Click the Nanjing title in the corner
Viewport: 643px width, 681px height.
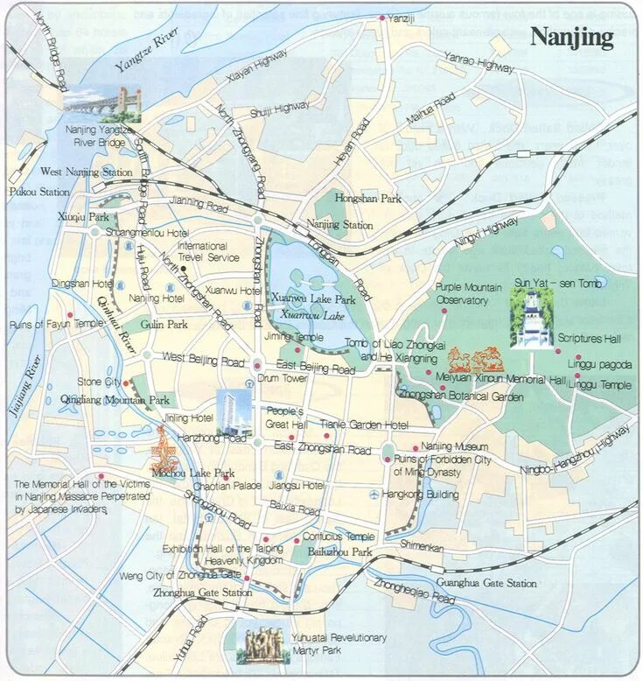tap(573, 38)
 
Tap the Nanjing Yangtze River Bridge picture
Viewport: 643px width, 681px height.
tap(101, 103)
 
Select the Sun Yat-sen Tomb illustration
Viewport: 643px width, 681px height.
tap(532, 319)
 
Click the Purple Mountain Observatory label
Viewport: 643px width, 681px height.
tap(469, 294)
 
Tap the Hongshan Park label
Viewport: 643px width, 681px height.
tap(367, 199)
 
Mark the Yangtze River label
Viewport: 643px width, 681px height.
tap(147, 53)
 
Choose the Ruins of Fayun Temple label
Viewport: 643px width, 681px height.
tap(56, 324)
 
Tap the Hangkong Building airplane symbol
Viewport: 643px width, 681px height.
tap(375, 495)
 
